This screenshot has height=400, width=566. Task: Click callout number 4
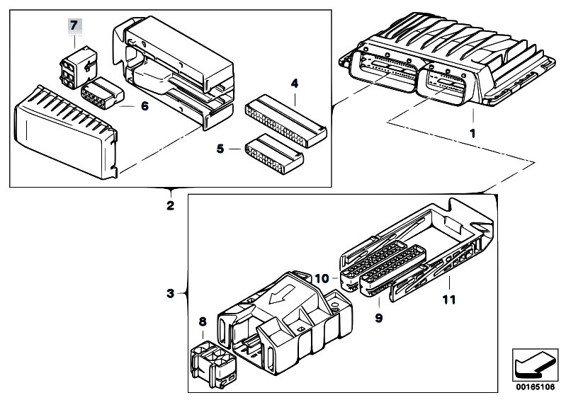tap(294, 84)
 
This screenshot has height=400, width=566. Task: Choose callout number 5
tap(220, 149)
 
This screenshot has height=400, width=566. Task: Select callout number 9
tap(379, 319)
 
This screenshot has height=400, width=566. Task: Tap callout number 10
tap(323, 279)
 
